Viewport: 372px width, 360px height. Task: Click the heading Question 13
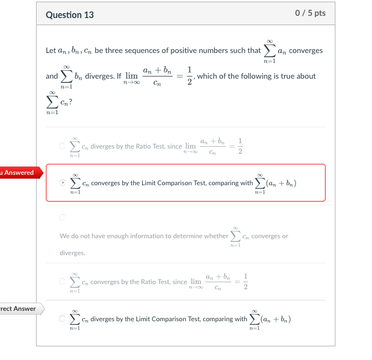coord(70,15)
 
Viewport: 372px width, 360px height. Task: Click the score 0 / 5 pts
coord(310,13)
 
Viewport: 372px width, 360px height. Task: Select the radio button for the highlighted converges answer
coord(63,183)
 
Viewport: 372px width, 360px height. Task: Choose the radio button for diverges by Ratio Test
coord(63,146)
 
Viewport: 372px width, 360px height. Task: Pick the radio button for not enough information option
coord(63,217)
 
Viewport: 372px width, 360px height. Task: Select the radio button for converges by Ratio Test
coord(63,282)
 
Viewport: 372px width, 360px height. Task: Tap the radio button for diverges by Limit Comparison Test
coord(63,319)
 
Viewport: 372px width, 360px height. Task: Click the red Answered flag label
coord(18,173)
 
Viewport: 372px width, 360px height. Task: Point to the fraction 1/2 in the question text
coord(189,76)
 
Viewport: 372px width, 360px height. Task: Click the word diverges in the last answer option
coord(102,319)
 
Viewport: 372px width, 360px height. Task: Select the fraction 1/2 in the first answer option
coord(240,146)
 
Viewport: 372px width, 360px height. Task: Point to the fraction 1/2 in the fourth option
coord(245,282)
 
